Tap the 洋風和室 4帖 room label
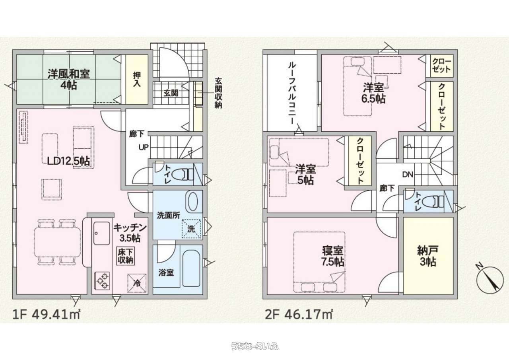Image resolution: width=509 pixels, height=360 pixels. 69,80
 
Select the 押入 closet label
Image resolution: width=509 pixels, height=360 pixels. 137,80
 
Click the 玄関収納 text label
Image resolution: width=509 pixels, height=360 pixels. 218,93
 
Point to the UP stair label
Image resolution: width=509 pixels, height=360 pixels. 144,148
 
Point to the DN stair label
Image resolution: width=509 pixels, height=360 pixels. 408,175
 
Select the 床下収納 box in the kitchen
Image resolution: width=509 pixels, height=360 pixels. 126,256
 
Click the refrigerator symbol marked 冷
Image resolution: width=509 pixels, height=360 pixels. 137,283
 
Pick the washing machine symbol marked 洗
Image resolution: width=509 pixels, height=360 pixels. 191,228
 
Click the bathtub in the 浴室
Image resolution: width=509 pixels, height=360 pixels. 191,268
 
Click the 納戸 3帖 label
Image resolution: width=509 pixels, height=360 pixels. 427,256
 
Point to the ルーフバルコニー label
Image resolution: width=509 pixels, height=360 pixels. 292,93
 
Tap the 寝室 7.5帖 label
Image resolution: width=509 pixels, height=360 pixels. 333,256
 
